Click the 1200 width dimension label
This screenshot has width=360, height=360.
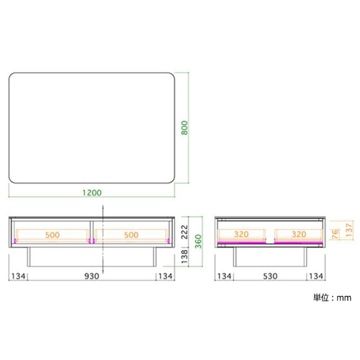[x=92, y=192]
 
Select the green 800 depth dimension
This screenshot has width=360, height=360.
[x=184, y=127]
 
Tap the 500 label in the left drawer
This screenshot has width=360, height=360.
[x=53, y=235]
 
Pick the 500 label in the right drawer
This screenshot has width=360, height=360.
[x=131, y=235]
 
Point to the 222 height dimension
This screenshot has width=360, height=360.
[x=184, y=232]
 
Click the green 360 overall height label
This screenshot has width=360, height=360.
[x=198, y=241]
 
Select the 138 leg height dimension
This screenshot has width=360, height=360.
[x=184, y=256]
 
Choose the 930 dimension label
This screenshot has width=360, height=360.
[x=91, y=276]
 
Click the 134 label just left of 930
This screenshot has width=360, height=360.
[x=18, y=276]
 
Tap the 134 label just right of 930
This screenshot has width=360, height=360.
[x=166, y=276]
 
